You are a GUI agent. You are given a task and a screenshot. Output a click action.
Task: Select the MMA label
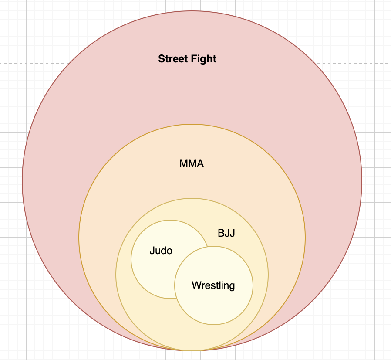pyautogui.click(x=192, y=164)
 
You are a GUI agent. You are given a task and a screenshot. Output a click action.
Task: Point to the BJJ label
pyautogui.click(x=226, y=233)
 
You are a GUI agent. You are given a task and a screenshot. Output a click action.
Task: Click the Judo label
pyautogui.click(x=161, y=251)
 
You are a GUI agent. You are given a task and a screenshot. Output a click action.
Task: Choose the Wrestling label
pyautogui.click(x=213, y=285)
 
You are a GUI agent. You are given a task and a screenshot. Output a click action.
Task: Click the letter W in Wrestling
pyautogui.click(x=196, y=285)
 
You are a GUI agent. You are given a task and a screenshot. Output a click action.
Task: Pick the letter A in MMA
pyautogui.click(x=200, y=164)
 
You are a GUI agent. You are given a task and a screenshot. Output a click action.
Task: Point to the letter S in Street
pyautogui.click(x=161, y=59)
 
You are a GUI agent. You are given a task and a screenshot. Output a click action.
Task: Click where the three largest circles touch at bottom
pyautogui.click(x=192, y=350)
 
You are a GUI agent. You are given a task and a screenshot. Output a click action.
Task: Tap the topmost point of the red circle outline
pyautogui.click(x=192, y=11)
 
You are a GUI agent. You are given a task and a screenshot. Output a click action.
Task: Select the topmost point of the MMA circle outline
pyautogui.click(x=192, y=124)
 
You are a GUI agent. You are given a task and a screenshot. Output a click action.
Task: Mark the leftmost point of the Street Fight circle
pyautogui.click(x=22, y=181)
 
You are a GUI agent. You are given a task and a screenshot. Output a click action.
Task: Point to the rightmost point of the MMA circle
pyautogui.click(x=305, y=238)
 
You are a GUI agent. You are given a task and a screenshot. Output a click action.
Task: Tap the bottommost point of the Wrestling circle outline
pyautogui.click(x=214, y=325)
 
